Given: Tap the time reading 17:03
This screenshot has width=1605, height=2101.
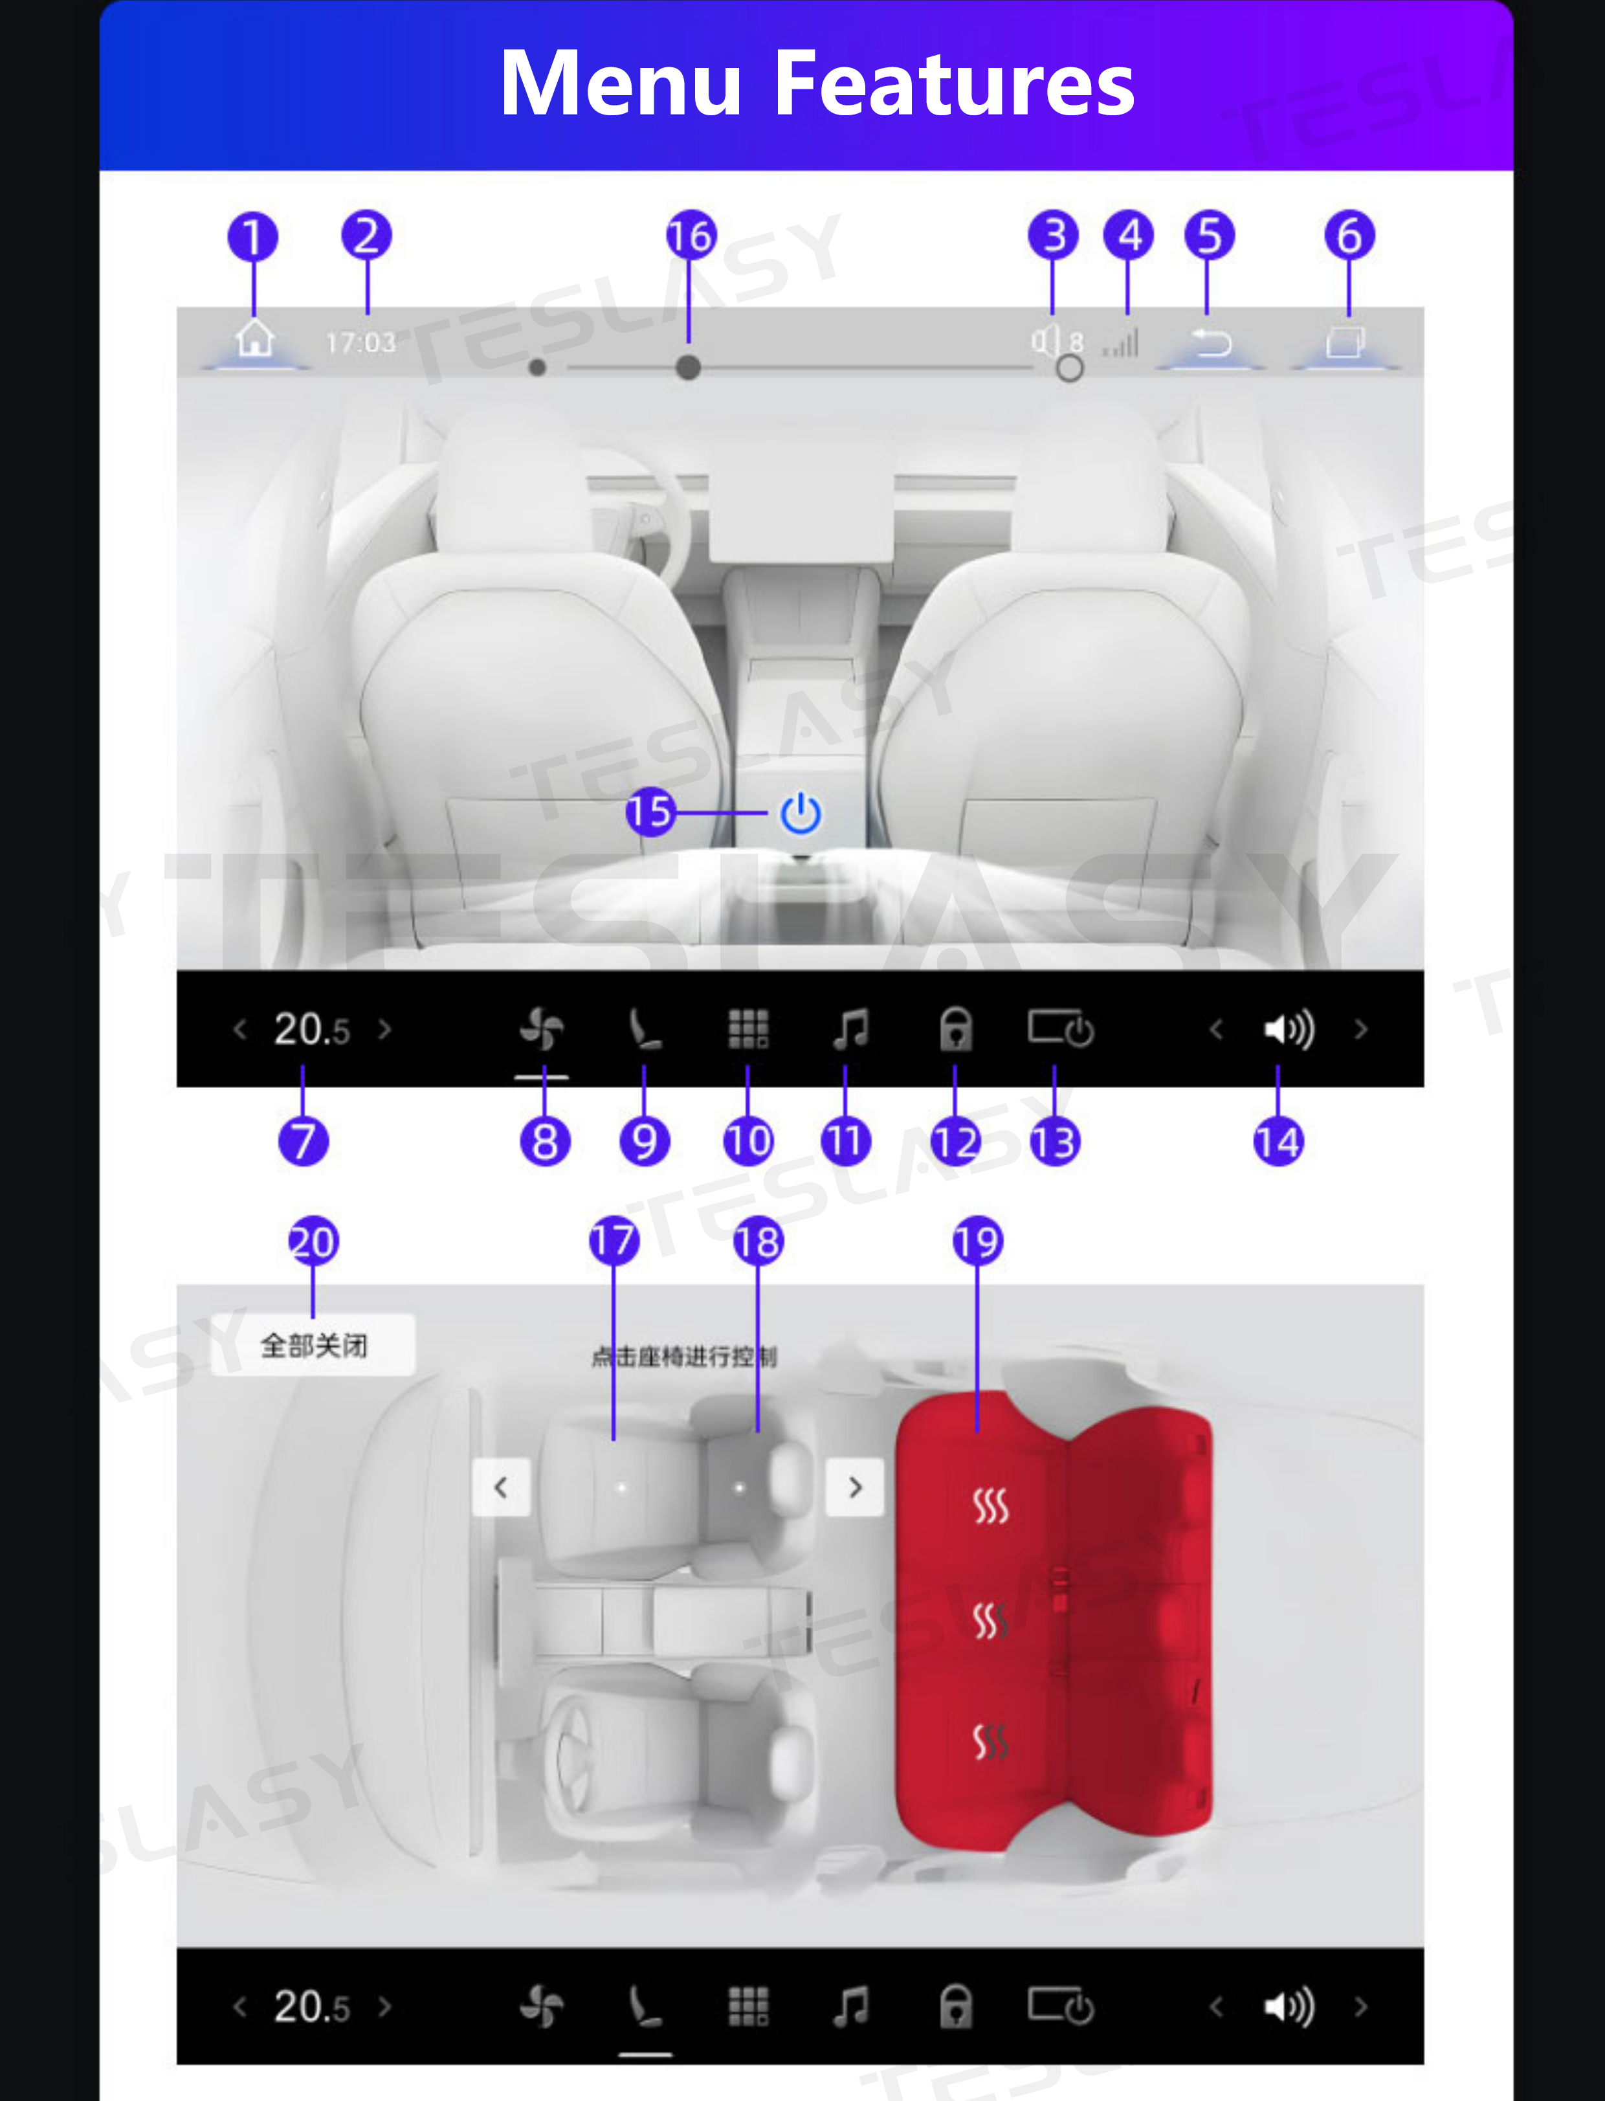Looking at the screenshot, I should point(360,342).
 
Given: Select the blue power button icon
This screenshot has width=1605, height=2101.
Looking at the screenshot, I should point(800,813).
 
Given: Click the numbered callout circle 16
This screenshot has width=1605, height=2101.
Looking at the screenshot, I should point(691,235).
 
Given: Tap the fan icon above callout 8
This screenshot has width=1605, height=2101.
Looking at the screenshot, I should point(542,1029).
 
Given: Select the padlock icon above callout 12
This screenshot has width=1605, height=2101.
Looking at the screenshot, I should point(955,1029).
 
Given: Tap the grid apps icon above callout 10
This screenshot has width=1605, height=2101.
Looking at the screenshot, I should point(748,1029).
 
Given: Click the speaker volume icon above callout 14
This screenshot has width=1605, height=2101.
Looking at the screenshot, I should point(1289,1029).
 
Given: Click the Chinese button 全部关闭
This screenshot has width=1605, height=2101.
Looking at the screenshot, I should point(313,1345).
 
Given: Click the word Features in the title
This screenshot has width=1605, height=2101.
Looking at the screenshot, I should point(953,84).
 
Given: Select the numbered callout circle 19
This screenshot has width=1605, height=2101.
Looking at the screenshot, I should point(977,1241).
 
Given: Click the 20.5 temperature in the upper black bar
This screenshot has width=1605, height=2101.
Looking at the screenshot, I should point(311,1029).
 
